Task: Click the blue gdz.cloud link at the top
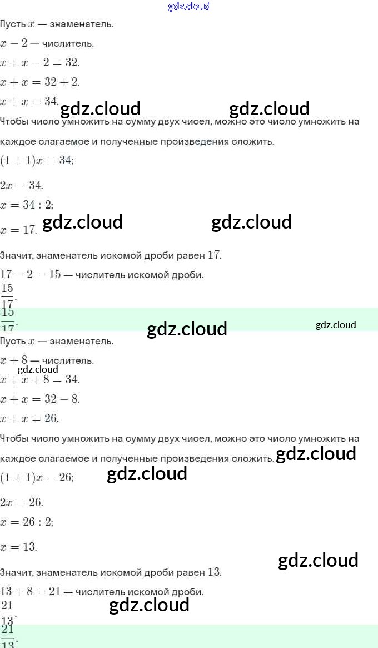pyautogui.click(x=189, y=7)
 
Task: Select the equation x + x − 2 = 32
pyautogui.click(x=40, y=62)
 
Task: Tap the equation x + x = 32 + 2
pyautogui.click(x=40, y=82)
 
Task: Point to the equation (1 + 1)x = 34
pyautogui.click(x=37, y=161)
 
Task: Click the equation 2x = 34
pyautogui.click(x=22, y=185)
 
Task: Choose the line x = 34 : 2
pyautogui.click(x=27, y=205)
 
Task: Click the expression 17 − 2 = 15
pyautogui.click(x=31, y=275)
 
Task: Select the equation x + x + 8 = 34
pyautogui.click(x=40, y=380)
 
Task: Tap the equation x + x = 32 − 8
pyautogui.click(x=40, y=399)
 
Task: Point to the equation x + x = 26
pyautogui.click(x=29, y=419)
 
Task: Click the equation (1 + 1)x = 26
pyautogui.click(x=37, y=478)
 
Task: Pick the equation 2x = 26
pyautogui.click(x=22, y=503)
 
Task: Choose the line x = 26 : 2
pyautogui.click(x=27, y=522)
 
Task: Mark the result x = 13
pyautogui.click(x=19, y=547)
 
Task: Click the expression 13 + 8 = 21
pyautogui.click(x=31, y=592)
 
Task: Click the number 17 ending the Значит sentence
pyautogui.click(x=215, y=255)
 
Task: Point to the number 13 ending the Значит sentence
pyautogui.click(x=215, y=572)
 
